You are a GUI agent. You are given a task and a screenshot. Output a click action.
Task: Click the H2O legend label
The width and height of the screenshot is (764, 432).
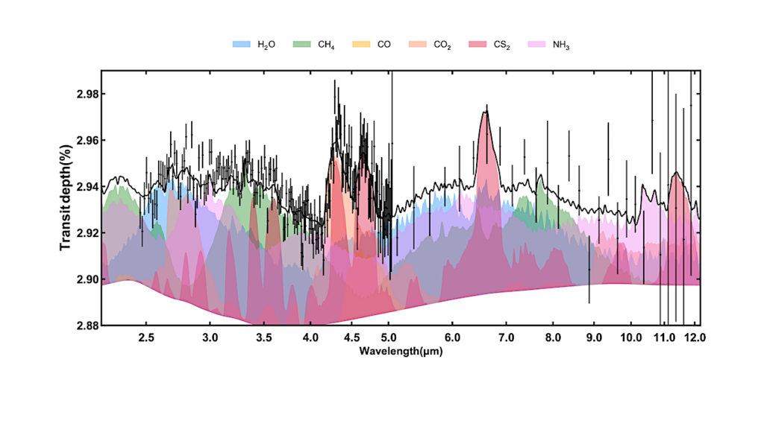pyautogui.click(x=266, y=45)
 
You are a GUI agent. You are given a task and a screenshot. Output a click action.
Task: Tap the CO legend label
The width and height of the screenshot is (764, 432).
pyautogui.click(x=384, y=45)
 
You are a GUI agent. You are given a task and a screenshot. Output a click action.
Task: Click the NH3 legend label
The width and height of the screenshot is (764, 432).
pyautogui.click(x=561, y=45)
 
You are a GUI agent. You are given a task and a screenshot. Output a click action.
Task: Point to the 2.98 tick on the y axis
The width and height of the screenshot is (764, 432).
pyautogui.click(x=83, y=95)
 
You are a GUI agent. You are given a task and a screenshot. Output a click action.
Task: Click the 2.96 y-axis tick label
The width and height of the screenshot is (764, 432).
pyautogui.click(x=83, y=141)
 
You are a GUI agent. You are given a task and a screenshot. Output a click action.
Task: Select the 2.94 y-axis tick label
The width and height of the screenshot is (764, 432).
pyautogui.click(x=83, y=187)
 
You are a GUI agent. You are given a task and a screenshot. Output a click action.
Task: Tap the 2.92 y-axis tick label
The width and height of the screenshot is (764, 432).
pyautogui.click(x=83, y=233)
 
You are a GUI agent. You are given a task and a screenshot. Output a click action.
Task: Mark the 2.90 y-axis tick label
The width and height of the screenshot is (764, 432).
pyautogui.click(x=83, y=279)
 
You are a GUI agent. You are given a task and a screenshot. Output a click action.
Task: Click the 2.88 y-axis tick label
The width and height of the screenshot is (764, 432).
pyautogui.click(x=83, y=325)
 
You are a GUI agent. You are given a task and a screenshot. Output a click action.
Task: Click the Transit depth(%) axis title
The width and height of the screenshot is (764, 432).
pyautogui.click(x=66, y=198)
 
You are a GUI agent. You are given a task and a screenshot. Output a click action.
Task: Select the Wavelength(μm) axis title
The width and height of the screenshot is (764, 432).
pyautogui.click(x=400, y=349)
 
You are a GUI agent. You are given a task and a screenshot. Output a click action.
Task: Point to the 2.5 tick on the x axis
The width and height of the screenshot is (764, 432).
pyautogui.click(x=146, y=337)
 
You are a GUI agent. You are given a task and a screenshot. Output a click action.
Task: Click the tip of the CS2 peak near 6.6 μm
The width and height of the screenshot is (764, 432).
pyautogui.click(x=486, y=111)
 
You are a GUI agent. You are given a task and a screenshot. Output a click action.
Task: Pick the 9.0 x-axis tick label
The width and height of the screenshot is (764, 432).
pyautogui.click(x=594, y=337)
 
